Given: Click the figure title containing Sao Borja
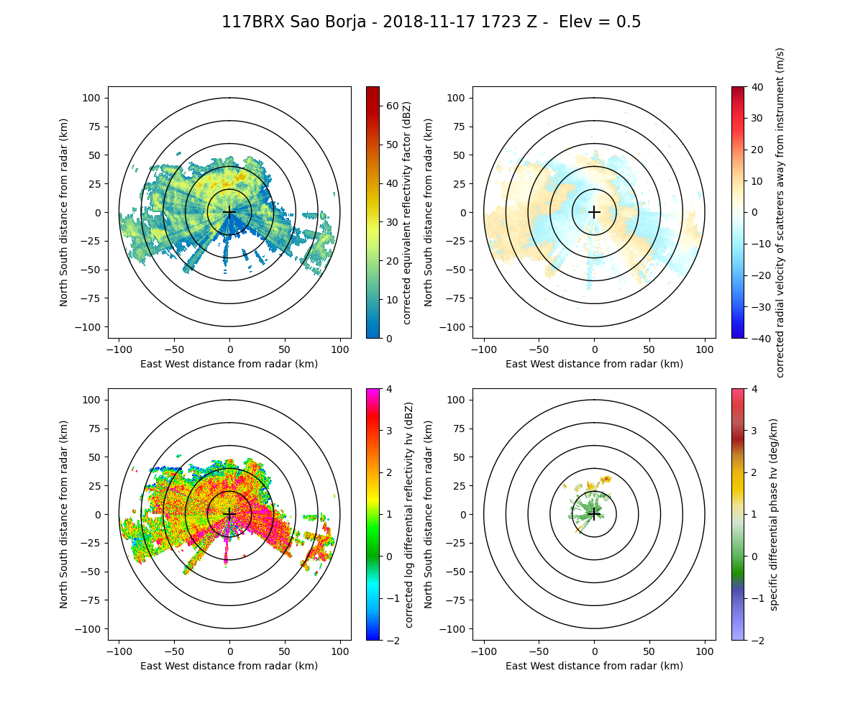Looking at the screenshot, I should [x=431, y=22].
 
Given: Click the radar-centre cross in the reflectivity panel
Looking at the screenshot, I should [x=229, y=212].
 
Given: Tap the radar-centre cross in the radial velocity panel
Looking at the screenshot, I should [x=594, y=212].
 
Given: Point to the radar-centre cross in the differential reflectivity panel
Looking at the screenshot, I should [x=229, y=514].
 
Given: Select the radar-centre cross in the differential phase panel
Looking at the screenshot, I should [x=594, y=514].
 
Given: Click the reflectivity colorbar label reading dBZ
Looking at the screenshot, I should [x=406, y=212].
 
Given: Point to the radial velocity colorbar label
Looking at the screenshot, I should [x=780, y=212].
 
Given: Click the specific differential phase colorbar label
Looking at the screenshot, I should [x=775, y=514].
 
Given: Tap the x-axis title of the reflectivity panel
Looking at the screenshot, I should [x=229, y=364].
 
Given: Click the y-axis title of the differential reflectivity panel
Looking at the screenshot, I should [x=64, y=514].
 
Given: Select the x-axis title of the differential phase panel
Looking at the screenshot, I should [x=594, y=666].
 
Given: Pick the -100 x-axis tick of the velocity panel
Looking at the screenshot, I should [x=483, y=349].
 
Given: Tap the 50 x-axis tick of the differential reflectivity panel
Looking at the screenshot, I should [x=285, y=651].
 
